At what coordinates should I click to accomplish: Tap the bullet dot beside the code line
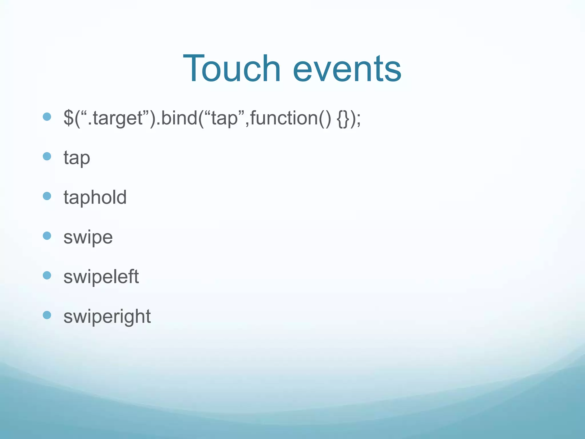coord(47,117)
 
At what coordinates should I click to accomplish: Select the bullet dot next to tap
coord(47,156)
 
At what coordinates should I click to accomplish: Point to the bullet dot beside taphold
coord(47,196)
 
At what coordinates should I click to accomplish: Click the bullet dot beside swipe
coord(47,236)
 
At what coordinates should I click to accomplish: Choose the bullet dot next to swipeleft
coord(47,276)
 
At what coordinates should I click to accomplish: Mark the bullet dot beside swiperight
coord(47,315)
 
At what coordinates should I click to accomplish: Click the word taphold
coord(95,197)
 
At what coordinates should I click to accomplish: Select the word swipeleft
coord(101,277)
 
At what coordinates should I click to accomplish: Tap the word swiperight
coord(107,317)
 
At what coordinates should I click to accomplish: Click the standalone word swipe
coord(88,237)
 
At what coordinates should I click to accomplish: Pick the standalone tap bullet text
coord(77,158)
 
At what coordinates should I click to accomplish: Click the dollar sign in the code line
coord(68,118)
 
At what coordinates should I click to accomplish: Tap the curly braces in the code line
coord(343,118)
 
